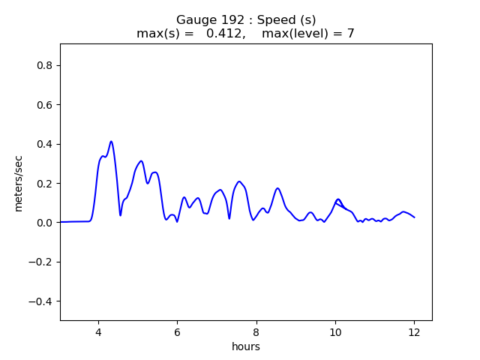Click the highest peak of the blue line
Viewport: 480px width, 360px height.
coord(111,141)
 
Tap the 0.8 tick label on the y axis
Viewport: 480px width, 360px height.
coord(44,65)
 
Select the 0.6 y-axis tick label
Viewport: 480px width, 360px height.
coord(44,105)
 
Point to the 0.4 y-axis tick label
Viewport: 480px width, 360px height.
coord(44,144)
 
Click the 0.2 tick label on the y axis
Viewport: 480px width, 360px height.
coord(44,183)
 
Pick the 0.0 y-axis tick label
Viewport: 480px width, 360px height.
coord(44,223)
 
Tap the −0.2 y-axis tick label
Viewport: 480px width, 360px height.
coord(41,262)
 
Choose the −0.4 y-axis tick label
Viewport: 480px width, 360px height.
coord(41,301)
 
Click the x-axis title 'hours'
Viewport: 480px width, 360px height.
coord(246,346)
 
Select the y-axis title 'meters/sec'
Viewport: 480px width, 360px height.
coord(19,181)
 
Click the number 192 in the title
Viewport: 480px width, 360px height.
coord(224,20)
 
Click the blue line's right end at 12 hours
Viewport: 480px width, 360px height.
coord(415,217)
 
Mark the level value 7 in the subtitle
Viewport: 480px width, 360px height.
coord(350,34)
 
